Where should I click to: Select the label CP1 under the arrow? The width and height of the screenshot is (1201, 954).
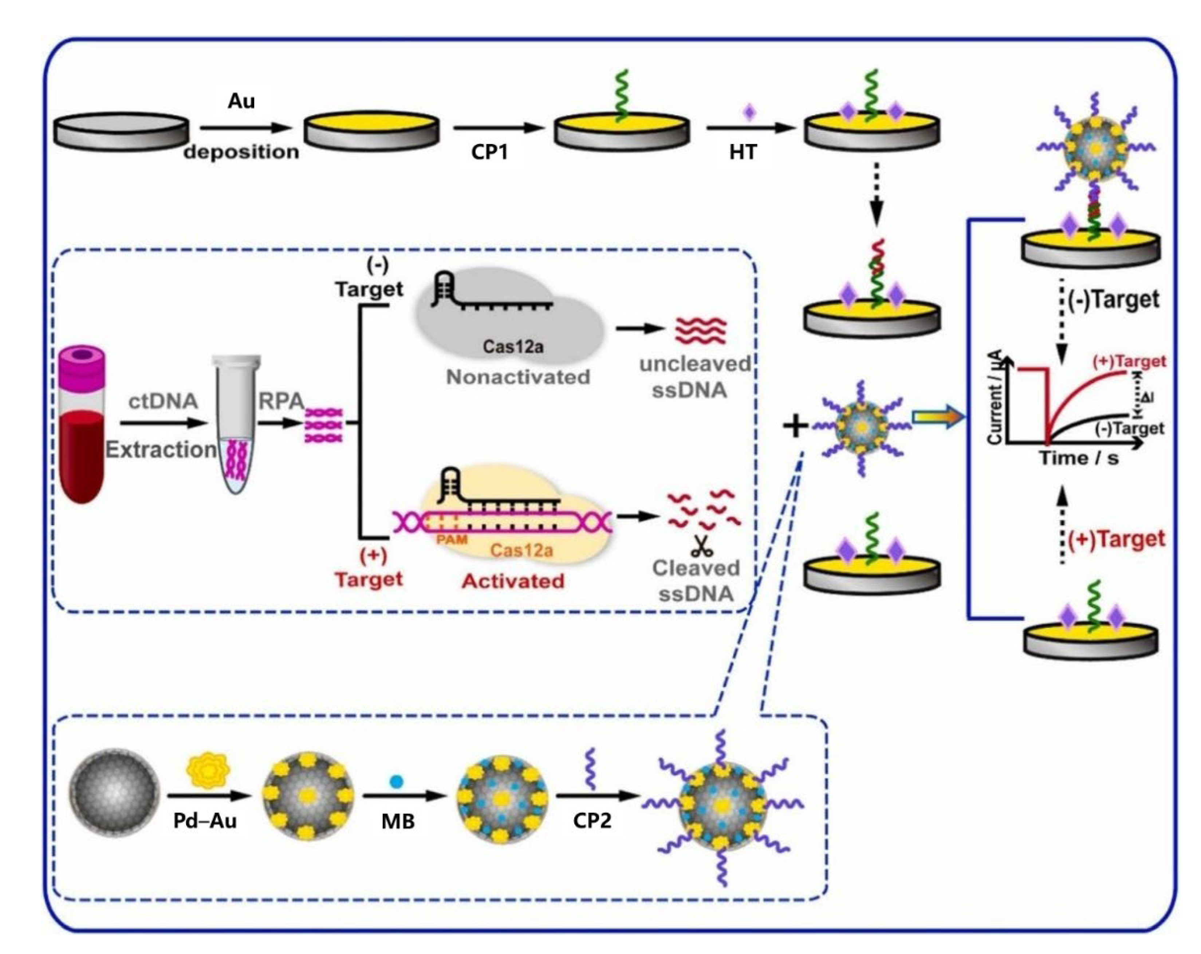(489, 152)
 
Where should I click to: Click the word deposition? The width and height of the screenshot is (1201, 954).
(241, 152)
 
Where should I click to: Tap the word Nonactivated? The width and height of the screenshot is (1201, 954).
(517, 377)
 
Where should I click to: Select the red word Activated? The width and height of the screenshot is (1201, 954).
(512, 581)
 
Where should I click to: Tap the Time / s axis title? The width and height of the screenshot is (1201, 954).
(1078, 458)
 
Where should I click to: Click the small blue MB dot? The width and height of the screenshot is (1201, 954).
(396, 782)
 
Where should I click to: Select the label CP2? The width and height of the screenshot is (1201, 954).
(592, 820)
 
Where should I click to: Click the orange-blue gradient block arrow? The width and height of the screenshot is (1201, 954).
(937, 417)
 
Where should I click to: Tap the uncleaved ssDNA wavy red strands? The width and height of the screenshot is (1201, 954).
(700, 330)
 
